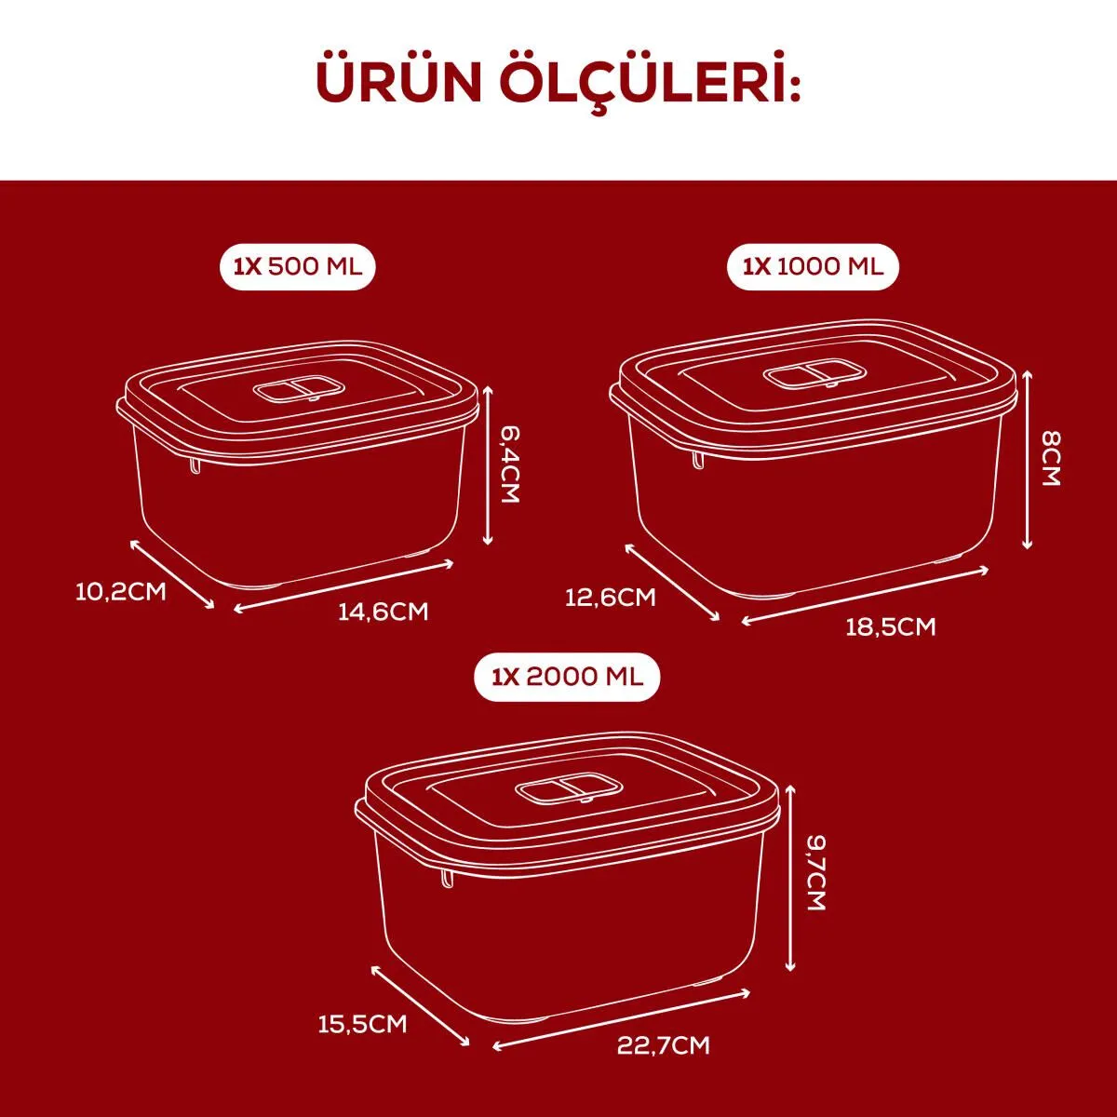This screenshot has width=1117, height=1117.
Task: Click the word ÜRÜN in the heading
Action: click(398, 83)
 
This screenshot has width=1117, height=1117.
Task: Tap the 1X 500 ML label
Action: click(298, 266)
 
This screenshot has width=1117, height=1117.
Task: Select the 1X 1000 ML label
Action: click(813, 266)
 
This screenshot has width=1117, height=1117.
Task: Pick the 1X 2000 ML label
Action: click(568, 678)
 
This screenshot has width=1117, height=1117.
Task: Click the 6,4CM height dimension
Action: click(509, 464)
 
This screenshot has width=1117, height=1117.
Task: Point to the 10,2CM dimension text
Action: click(121, 592)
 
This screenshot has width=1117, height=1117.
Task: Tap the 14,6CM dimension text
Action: click(384, 612)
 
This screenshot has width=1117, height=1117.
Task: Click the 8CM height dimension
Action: click(1050, 459)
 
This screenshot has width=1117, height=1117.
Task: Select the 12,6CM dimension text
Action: click(611, 597)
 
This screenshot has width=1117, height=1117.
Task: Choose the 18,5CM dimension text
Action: click(891, 627)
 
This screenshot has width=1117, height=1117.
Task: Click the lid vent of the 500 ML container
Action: click(301, 391)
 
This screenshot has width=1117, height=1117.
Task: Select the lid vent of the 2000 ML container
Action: click(568, 790)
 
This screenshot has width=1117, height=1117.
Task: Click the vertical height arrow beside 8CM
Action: click(1028, 461)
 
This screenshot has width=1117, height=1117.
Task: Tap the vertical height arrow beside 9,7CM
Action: click(790, 879)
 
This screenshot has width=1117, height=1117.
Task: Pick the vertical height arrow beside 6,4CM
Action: click(488, 466)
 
